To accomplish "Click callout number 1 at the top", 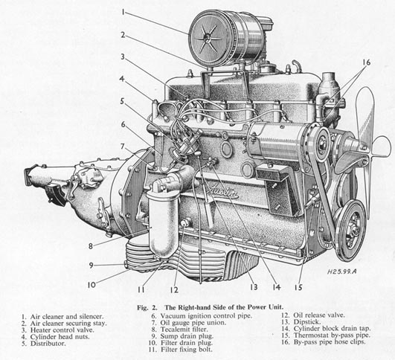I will pos(126,12).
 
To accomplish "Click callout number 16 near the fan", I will pos(365,62).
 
